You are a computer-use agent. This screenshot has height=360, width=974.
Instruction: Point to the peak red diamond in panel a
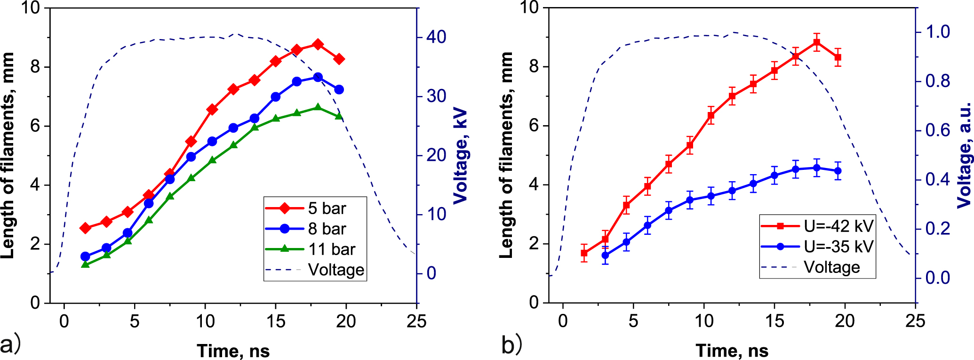pos(318,44)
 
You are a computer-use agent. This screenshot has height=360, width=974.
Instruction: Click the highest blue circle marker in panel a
pos(318,77)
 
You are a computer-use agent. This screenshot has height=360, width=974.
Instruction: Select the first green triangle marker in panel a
pos(85,264)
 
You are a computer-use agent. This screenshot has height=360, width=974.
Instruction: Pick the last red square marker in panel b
pos(838,57)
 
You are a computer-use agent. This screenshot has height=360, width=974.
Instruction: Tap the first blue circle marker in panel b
pos(606,256)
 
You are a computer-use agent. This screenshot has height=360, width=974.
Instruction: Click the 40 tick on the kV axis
pos(436,37)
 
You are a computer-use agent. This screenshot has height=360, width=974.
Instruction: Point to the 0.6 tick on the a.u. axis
pos(937,130)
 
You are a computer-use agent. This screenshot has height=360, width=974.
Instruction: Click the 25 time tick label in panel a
pos(416,321)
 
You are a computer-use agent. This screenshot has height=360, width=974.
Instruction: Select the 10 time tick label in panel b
pos(704,321)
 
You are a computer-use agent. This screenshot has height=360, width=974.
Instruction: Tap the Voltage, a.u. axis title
pos(964,155)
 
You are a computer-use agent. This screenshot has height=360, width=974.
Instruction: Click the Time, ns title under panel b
pos(732,351)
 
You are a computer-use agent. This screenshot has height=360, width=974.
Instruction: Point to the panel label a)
pos(10,345)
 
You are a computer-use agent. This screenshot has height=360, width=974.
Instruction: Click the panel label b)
pos(511,345)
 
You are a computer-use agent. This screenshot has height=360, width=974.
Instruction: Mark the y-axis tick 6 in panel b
pos(533,126)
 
